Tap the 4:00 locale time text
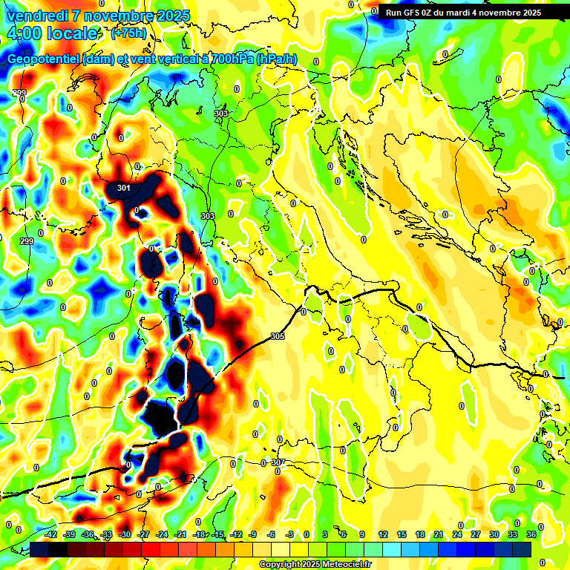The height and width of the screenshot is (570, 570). coord(52,33)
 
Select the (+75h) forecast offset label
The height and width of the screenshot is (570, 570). coord(128,33)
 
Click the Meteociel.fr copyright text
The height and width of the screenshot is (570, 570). coord(315,565)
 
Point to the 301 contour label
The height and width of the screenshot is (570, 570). coord(124,189)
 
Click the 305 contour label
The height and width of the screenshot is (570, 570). coord(278,336)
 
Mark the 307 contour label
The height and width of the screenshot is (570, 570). coord(278,462)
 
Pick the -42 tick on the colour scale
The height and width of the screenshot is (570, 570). coord(51,534)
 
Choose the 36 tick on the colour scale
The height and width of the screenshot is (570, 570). coord(531,534)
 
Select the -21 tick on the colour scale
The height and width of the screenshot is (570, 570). coord(180,534)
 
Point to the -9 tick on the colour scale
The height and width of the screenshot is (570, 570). coord(252,534)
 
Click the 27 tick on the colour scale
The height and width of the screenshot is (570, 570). coord(475,534)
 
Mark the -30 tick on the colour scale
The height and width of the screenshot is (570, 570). coord(125,534)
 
